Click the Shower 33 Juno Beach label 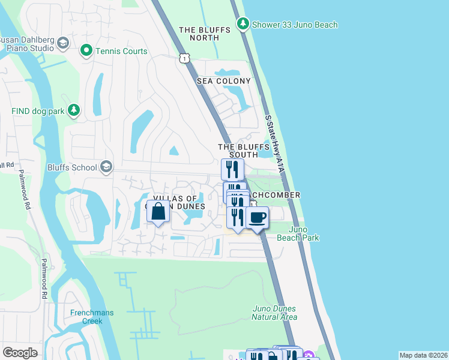[x=294, y=25]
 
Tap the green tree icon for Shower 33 [x=243, y=24]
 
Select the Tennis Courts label [x=121, y=51]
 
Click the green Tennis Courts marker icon [x=86, y=51]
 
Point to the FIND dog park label [x=37, y=111]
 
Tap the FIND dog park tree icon [x=74, y=110]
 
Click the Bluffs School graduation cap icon [x=106, y=167]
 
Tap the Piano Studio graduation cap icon [x=63, y=44]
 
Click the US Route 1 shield [x=184, y=58]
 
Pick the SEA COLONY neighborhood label [x=224, y=81]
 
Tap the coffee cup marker [x=257, y=218]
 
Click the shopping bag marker [x=158, y=212]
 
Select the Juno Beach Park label [x=297, y=233]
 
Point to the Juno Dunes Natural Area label [x=274, y=313]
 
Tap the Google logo [x=20, y=353]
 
